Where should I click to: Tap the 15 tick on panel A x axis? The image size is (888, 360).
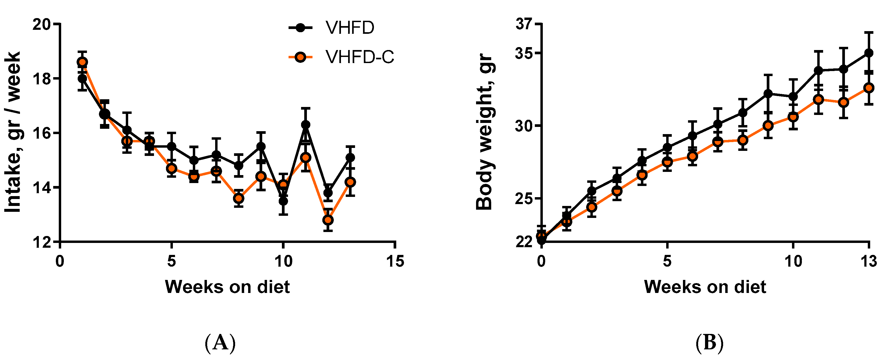coord(395,261)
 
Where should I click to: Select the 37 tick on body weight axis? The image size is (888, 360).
coord(524,24)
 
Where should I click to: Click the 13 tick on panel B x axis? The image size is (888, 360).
coord(868,261)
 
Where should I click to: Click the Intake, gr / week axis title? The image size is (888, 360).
coord(13,133)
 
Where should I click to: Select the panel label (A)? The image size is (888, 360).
coord(220,343)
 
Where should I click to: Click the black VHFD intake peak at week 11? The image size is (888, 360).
coord(305,125)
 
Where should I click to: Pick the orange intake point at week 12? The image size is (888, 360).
coord(328,220)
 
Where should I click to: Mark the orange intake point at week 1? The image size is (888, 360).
coord(82,62)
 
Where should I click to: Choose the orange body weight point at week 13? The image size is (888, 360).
coord(869,88)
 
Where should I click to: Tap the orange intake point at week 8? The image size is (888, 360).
coord(239,198)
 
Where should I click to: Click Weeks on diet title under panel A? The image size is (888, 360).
coord(227,287)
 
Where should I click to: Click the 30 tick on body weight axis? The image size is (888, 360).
coord(524,126)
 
